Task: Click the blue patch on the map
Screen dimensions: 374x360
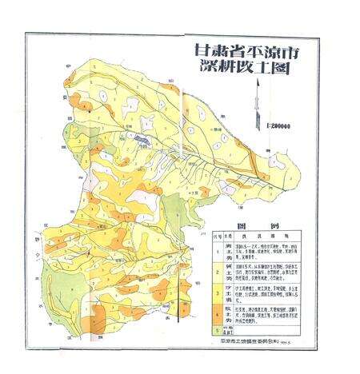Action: pyautogui.click(x=142, y=141)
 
